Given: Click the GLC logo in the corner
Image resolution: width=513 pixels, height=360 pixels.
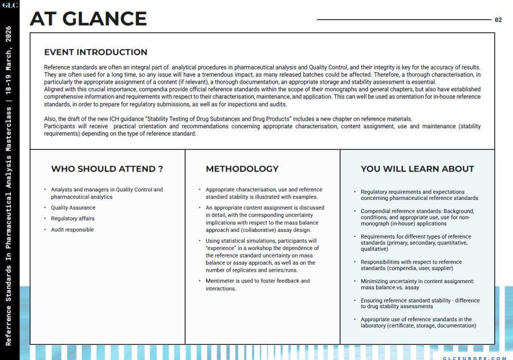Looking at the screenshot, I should pyautogui.click(x=10, y=6).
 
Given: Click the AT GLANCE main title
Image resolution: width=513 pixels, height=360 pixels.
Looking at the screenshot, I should pyautogui.click(x=88, y=19).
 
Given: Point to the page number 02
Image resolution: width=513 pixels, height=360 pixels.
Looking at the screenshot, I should pyautogui.click(x=498, y=20).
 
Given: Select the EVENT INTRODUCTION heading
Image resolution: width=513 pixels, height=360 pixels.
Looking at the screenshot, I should pyautogui.click(x=96, y=52).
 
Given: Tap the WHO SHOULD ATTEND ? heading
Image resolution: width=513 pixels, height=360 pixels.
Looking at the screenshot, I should pyautogui.click(x=107, y=169).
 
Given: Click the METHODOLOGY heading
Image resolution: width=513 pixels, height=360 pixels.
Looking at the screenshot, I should pyautogui.click(x=242, y=169).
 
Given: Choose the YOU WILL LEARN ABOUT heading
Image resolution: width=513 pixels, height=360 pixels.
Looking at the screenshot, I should pyautogui.click(x=417, y=169).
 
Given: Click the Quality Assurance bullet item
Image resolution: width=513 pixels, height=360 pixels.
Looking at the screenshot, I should pyautogui.click(x=73, y=208).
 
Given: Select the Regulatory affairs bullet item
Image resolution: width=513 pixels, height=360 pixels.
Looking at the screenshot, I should pyautogui.click(x=72, y=219).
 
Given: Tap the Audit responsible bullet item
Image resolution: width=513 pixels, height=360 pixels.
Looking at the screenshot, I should pyautogui.click(x=72, y=230).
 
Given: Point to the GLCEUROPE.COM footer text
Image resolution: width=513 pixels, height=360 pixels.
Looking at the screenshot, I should pyautogui.click(x=474, y=358).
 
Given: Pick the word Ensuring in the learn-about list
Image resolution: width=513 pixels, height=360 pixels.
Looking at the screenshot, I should pyautogui.click(x=372, y=301).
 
